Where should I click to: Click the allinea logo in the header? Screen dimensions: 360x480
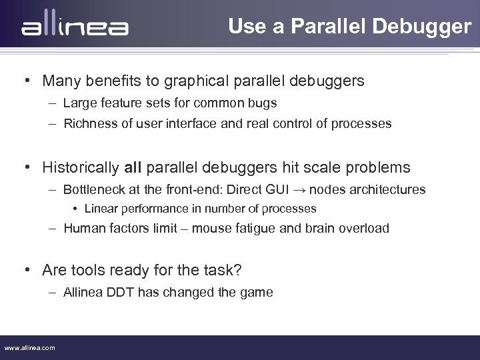75,27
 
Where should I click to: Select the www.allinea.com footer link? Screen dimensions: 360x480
29,347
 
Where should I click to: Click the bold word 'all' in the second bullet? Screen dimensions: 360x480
132,167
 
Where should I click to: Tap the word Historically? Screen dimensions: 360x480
81,167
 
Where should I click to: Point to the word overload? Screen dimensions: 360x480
365,228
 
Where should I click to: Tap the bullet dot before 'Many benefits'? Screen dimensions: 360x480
29,81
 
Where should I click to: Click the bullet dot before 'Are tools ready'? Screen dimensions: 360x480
29,270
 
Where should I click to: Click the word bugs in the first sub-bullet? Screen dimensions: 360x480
263,103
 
